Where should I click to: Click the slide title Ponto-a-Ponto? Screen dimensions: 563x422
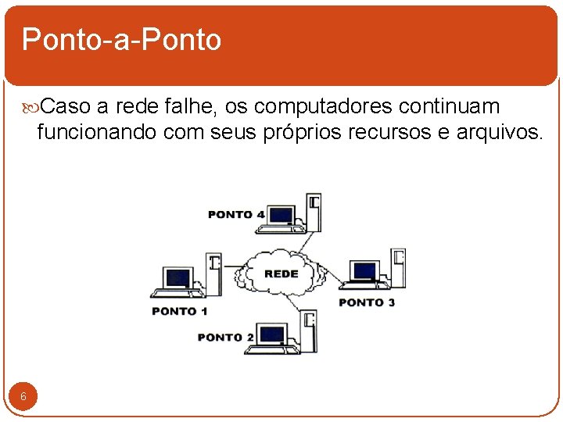[121, 39]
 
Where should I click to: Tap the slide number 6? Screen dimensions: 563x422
[23, 397]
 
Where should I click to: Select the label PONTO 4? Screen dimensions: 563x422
[236, 214]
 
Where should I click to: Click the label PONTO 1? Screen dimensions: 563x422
[180, 311]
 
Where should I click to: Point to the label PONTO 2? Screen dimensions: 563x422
[226, 337]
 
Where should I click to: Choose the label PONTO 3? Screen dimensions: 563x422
[367, 302]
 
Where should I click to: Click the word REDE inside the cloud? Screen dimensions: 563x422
[281, 274]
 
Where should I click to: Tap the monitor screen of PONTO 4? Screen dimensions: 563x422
[281, 215]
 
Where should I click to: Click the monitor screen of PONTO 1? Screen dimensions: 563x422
[178, 277]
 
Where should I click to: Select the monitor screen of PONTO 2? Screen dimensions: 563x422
[272, 334]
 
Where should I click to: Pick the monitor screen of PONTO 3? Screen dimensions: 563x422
[364, 271]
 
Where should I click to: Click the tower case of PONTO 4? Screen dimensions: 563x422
[314, 211]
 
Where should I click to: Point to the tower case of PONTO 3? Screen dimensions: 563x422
[398, 267]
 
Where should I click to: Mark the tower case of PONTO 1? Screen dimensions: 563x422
[213, 273]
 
